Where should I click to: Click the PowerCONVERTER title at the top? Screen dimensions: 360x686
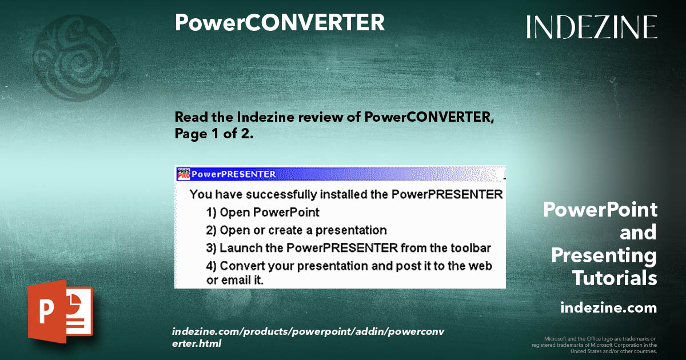click(280, 22)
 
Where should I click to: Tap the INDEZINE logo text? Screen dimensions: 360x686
click(592, 27)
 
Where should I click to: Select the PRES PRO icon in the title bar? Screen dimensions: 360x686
click(184, 174)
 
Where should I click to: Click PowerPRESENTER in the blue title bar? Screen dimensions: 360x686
click(234, 174)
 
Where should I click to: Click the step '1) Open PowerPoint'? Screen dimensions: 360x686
click(262, 212)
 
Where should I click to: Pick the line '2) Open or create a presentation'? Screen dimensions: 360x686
click(296, 230)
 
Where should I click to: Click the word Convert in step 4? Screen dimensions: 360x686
click(241, 266)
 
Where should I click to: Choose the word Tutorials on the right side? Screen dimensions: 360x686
click(614, 278)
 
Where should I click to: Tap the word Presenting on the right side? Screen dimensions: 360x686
click(604, 255)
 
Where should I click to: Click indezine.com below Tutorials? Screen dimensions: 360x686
click(608, 308)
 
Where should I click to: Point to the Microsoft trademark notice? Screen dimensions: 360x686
click(594, 345)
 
